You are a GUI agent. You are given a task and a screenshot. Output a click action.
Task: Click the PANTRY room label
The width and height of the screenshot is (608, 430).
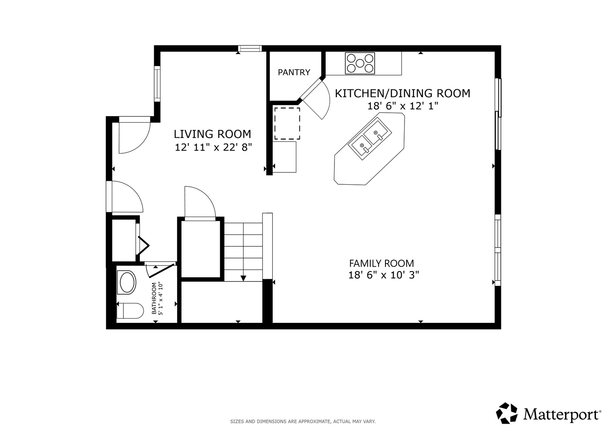[294, 72]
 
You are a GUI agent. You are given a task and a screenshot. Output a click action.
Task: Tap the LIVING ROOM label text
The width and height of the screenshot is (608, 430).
[213, 134]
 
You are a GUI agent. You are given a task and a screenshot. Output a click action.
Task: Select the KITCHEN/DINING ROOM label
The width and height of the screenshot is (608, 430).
[402, 94]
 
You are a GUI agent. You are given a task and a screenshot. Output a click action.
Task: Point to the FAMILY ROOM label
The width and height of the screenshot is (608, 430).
[381, 263]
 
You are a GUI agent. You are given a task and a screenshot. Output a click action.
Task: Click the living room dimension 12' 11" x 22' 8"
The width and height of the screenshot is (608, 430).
[213, 148]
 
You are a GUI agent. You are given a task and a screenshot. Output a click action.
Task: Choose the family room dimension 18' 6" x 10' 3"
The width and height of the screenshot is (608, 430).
[383, 276]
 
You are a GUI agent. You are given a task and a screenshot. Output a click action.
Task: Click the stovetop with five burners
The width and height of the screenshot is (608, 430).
[360, 63]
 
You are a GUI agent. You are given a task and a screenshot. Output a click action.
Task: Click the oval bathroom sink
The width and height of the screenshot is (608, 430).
[127, 282]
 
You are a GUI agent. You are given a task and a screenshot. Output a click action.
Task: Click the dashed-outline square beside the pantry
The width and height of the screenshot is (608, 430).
[287, 123]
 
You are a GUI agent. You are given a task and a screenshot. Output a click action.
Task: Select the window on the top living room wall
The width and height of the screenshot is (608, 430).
[250, 49]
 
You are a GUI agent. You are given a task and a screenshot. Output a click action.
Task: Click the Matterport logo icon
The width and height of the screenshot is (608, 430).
[506, 413]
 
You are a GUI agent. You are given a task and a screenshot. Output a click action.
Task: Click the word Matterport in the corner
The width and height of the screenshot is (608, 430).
[561, 414]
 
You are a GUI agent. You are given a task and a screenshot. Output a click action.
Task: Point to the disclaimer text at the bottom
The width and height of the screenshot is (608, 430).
[303, 421]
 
